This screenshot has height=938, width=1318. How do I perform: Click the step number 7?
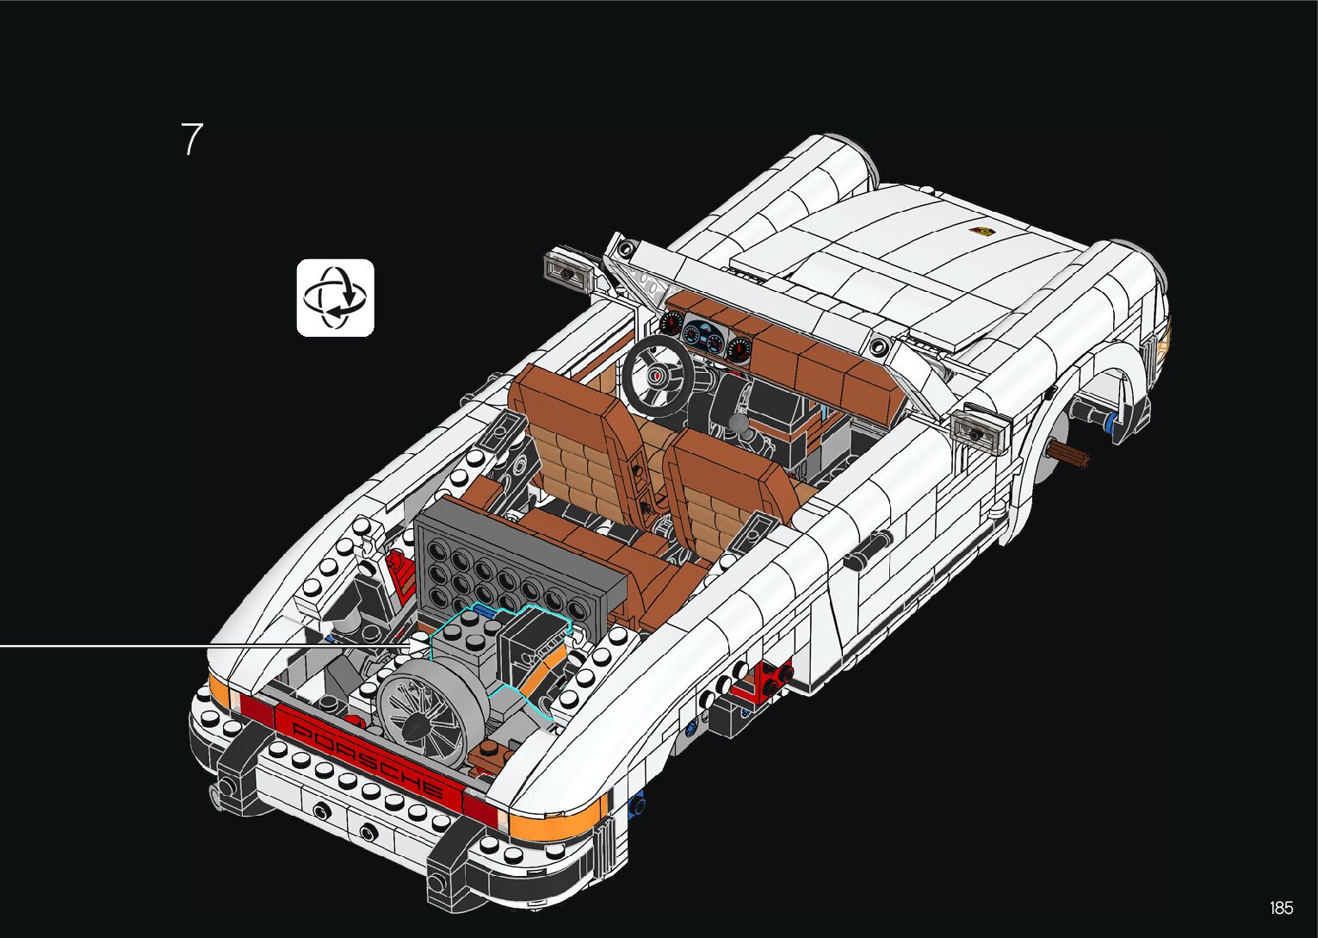point(191,139)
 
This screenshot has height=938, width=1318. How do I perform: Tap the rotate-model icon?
point(336,297)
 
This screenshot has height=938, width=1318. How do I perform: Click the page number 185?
point(1281,908)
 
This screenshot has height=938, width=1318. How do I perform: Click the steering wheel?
point(659,376)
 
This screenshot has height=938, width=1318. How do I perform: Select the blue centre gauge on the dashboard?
point(704,338)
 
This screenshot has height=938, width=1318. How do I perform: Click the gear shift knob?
point(739,422)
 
